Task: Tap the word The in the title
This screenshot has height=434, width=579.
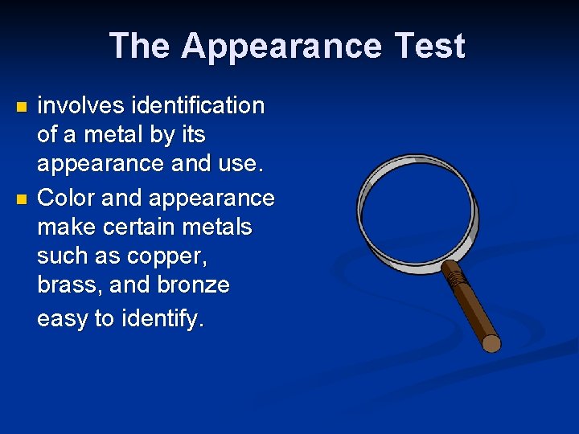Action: [138, 47]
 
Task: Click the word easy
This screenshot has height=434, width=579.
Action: [63, 319]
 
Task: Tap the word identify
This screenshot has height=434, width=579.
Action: [163, 319]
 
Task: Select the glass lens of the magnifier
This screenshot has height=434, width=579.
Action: [417, 209]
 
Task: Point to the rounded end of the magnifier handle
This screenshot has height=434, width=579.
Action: [491, 344]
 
